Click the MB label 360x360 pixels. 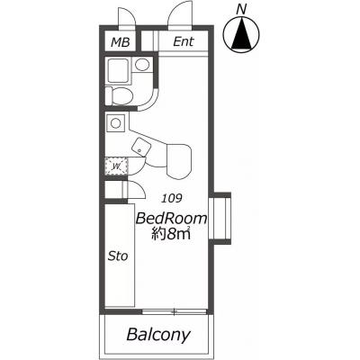pos(121,42)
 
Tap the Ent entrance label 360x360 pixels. pos(184,41)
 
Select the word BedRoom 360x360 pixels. pos(171,219)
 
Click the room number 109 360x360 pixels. pos(172,198)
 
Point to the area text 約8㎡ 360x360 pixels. pos(171,234)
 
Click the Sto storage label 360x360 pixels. pos(118,256)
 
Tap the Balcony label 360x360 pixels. pos(158,334)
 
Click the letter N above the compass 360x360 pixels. pos(241,10)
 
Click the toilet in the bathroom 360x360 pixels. pos(119,95)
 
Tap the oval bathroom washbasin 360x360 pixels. pos(142,65)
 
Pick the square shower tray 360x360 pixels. pos(118,70)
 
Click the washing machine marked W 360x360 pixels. pos(116,166)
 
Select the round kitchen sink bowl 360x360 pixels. pos(115,123)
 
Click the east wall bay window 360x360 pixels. pos(220,219)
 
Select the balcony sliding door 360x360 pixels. pos(175,312)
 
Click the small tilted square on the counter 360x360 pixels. pos(140,147)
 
